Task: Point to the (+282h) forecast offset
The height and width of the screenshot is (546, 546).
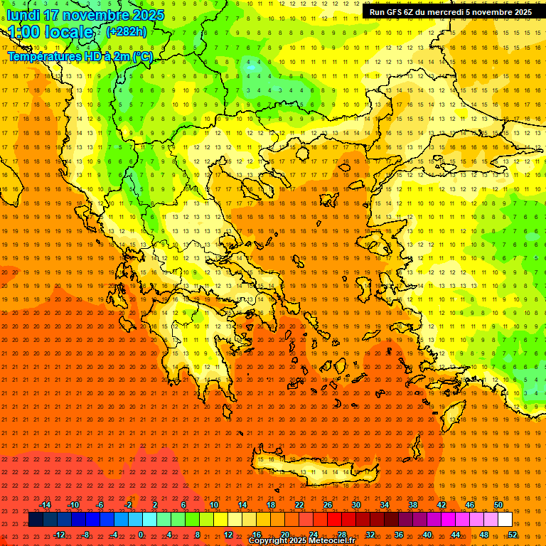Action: click(127, 32)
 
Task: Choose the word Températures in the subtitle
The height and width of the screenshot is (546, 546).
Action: click(42, 56)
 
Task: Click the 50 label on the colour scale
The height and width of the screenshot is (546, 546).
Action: click(498, 505)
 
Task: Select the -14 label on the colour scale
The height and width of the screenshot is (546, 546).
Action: click(45, 505)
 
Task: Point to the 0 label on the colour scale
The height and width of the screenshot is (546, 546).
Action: click(141, 535)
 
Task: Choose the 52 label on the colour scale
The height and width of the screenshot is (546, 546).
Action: click(513, 535)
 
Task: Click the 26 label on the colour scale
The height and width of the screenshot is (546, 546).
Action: click(328, 505)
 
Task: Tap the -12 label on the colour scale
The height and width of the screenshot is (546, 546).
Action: click(59, 535)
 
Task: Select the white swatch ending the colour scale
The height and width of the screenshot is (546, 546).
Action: click(505, 520)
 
